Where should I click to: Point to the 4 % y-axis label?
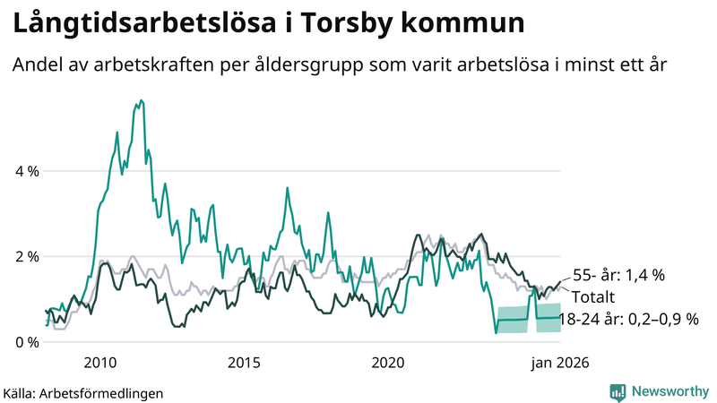pos(27,170)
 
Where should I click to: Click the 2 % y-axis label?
pos(27,256)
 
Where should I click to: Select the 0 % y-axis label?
pos(27,342)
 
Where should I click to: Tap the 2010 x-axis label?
pos(100,363)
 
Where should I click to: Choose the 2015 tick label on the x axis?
pos(244,363)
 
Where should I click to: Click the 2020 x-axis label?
pos(388,363)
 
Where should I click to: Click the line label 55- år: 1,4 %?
pos(618,276)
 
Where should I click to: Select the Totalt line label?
pos(591,297)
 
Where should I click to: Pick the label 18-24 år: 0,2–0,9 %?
pos(627,319)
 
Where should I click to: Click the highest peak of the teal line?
pos(140,101)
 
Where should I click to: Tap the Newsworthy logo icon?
pos(618,391)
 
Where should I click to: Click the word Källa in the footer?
pos(20,392)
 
